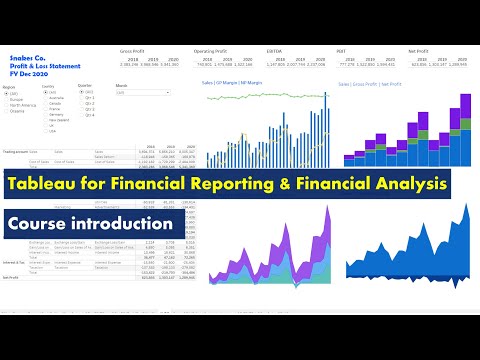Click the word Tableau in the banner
[x=46, y=183]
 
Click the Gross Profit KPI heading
[x=132, y=50]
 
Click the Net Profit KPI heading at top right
[x=422, y=50]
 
